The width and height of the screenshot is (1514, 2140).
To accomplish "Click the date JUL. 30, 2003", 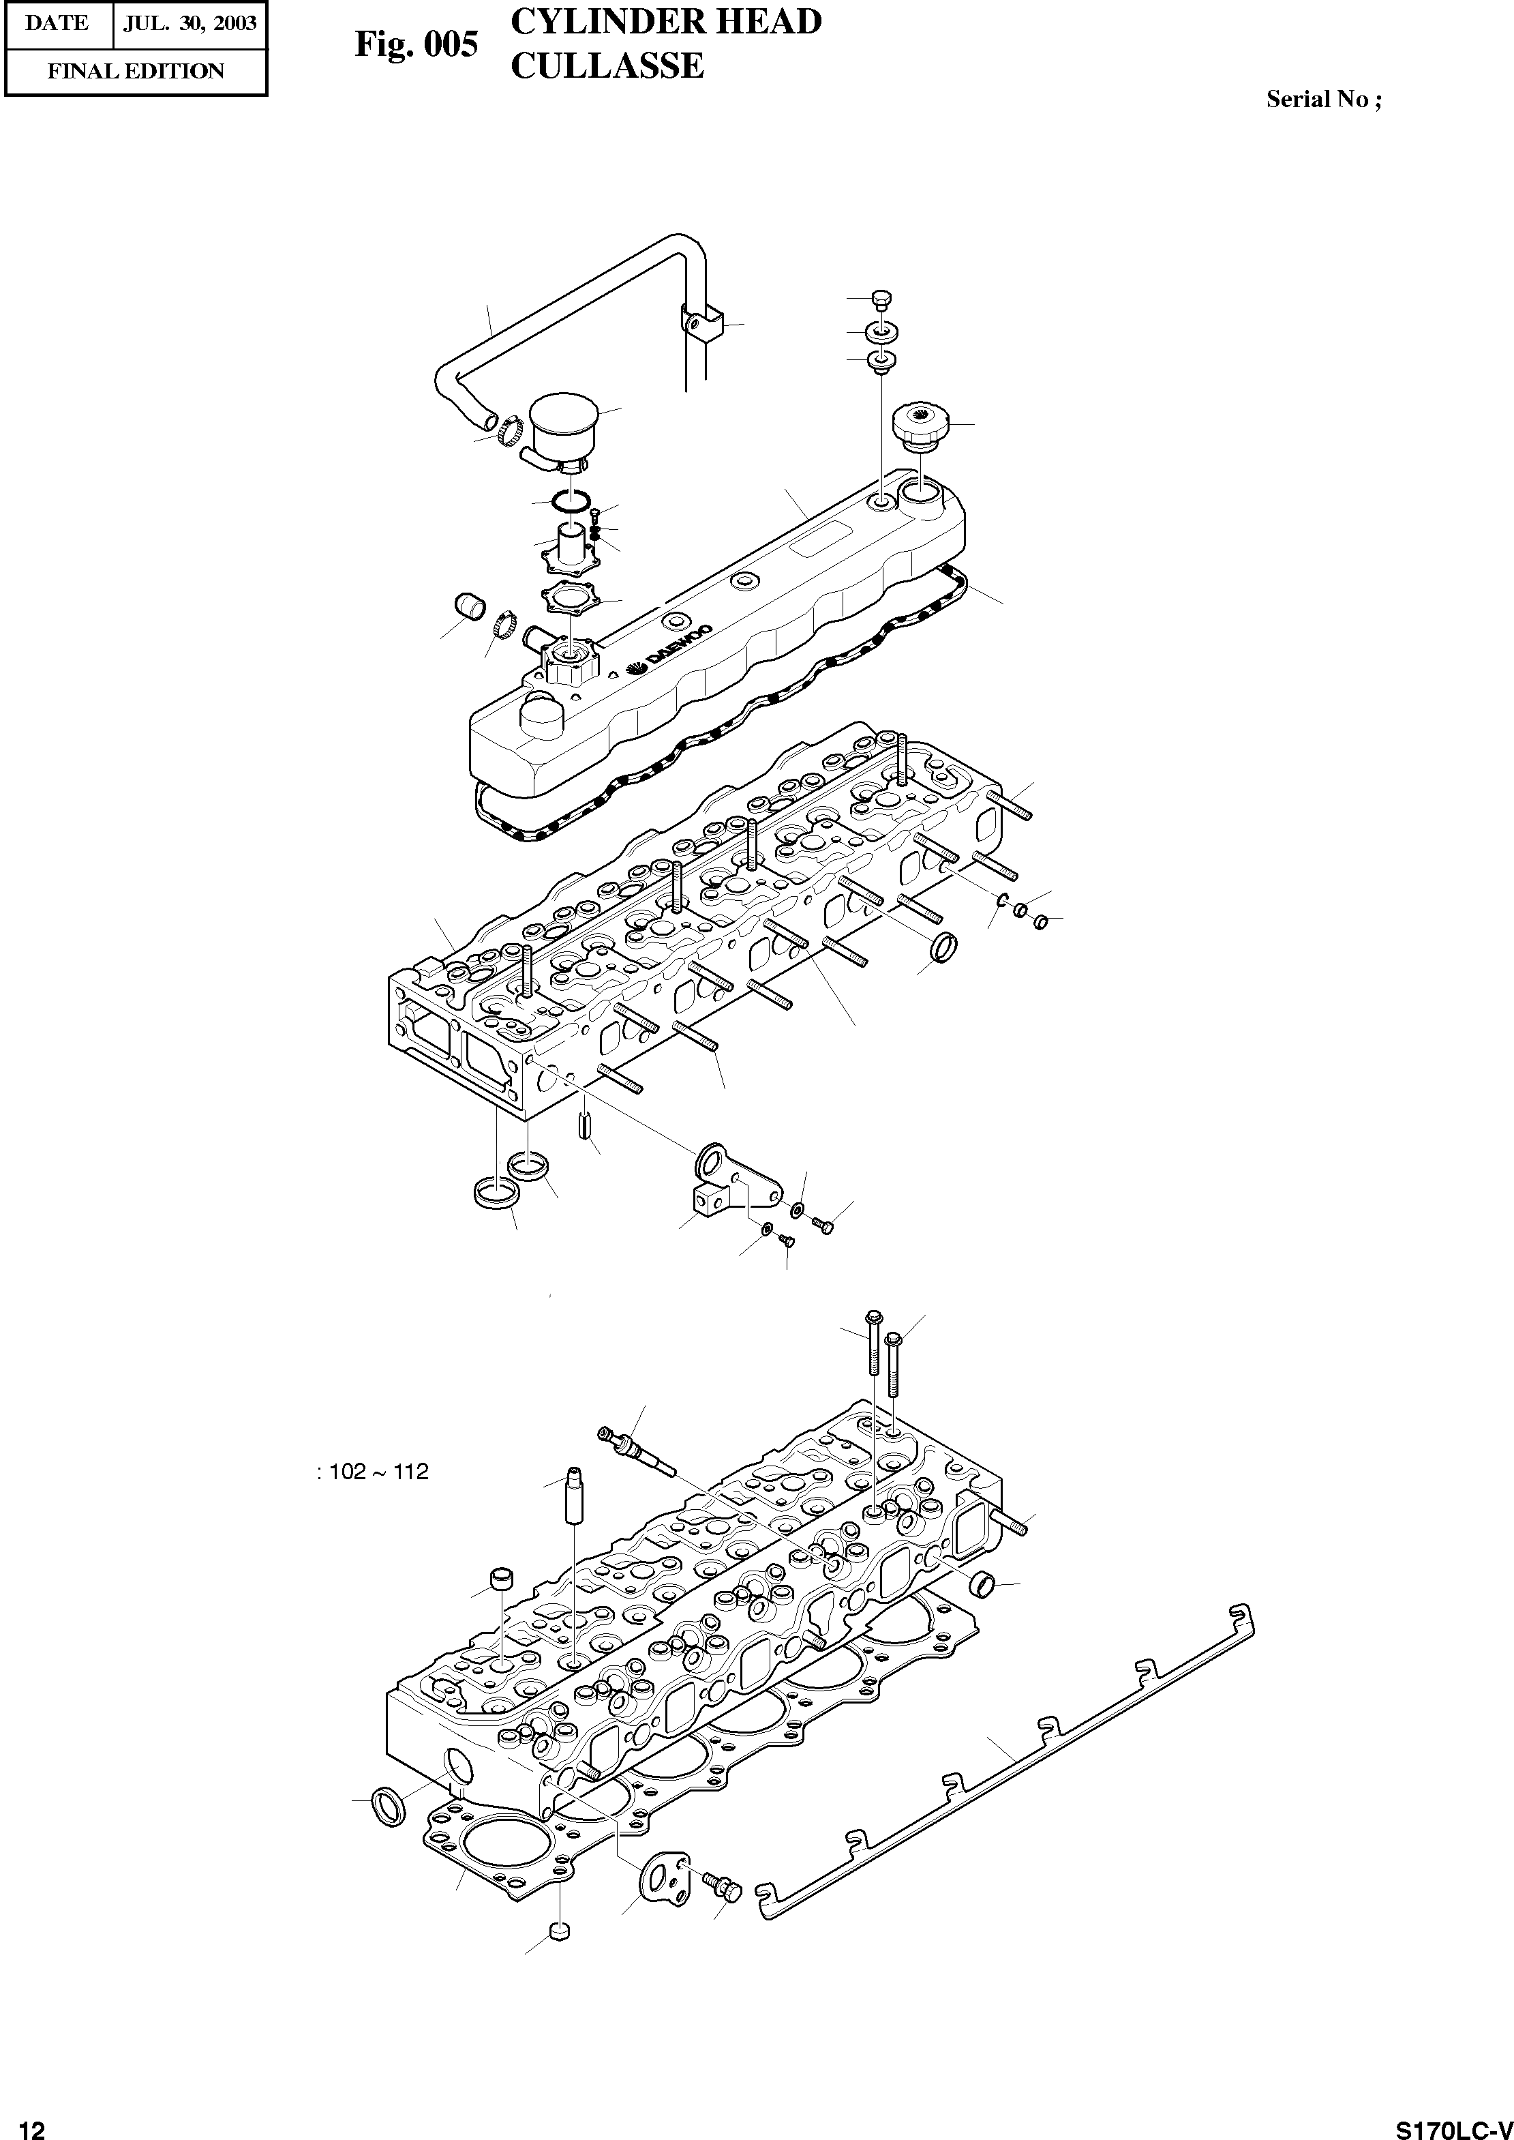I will click(190, 23).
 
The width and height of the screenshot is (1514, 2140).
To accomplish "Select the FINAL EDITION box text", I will click(136, 72).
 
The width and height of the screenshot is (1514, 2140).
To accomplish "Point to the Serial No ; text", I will click(1323, 100).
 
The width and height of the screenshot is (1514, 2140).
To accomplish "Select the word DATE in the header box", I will click(57, 23).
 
